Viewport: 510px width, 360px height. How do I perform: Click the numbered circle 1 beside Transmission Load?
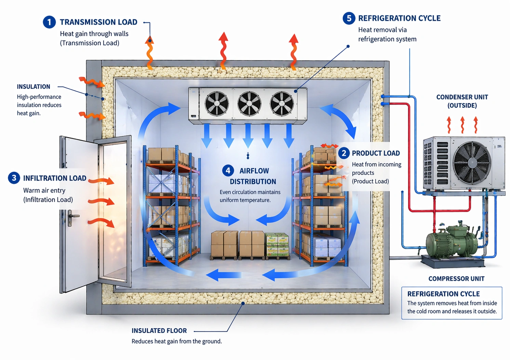pos(49,22)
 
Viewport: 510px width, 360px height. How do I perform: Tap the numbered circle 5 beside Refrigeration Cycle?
pos(349,18)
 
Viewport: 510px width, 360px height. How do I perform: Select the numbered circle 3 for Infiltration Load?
pos(14,178)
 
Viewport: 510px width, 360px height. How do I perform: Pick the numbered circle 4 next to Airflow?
pos(228,170)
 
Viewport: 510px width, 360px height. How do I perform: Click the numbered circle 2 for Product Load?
pos(344,153)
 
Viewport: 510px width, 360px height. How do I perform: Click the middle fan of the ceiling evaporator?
pos(249,103)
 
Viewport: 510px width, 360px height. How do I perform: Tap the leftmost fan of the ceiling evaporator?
pos(217,103)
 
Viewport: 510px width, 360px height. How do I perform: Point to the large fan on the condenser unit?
pos(472,163)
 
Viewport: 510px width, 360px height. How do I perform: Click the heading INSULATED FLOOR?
pos(159,331)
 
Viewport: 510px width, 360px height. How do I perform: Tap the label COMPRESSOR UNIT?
pos(456,279)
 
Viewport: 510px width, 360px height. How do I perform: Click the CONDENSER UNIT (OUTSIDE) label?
pos(462,101)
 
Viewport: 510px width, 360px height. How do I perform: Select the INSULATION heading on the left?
pos(33,87)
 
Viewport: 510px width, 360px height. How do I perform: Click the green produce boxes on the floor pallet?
pos(277,244)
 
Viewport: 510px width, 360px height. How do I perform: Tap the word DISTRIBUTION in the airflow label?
pos(253,182)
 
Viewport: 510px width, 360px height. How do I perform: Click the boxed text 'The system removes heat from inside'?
pos(452,303)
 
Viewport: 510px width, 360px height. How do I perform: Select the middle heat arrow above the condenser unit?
pos(462,125)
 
